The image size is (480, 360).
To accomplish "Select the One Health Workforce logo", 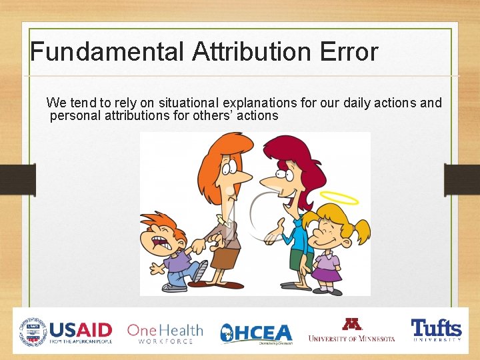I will click(x=165, y=332).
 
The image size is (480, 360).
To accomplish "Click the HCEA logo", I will click(x=257, y=333).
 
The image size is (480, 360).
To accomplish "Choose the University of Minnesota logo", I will click(x=351, y=330).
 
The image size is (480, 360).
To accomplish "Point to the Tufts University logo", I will click(x=436, y=330).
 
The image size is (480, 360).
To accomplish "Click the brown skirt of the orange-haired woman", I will click(x=226, y=257).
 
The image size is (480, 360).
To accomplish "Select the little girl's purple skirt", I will click(x=327, y=273).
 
